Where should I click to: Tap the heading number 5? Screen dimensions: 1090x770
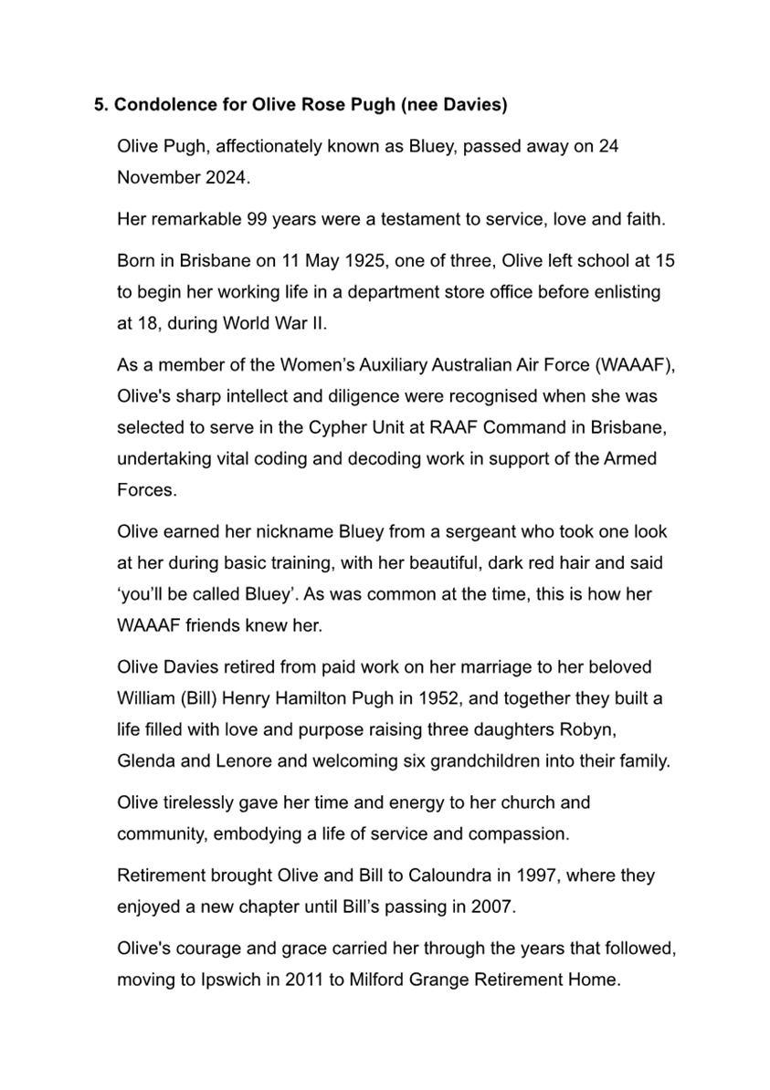click(x=100, y=105)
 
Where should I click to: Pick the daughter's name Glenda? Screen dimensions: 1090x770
click(x=144, y=760)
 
